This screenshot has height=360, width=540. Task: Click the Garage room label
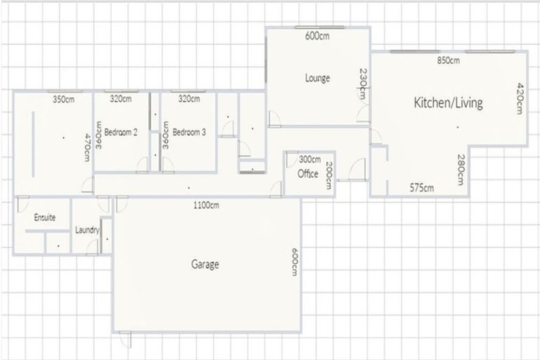(x=205, y=265)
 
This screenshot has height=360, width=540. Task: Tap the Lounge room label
(x=317, y=78)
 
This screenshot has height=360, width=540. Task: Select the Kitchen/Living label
(x=448, y=103)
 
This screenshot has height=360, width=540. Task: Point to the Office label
(x=308, y=174)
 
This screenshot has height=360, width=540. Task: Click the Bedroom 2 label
(x=120, y=131)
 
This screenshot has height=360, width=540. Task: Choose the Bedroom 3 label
(x=188, y=131)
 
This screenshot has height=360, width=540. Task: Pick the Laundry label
(x=88, y=230)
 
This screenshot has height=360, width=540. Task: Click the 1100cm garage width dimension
(x=206, y=205)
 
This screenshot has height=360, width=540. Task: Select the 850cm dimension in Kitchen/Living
(x=448, y=60)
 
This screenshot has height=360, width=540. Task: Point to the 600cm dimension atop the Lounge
(x=317, y=37)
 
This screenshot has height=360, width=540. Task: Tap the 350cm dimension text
(x=63, y=100)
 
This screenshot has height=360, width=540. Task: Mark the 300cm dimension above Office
(x=309, y=159)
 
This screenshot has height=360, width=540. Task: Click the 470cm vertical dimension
(x=87, y=148)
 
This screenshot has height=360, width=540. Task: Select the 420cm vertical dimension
(x=520, y=98)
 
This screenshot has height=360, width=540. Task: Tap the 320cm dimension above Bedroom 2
(x=120, y=99)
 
